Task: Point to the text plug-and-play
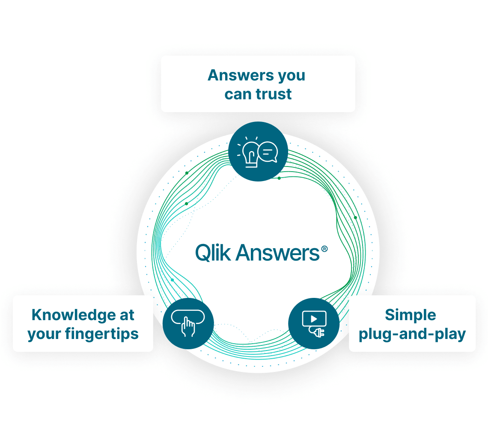pos(412,334)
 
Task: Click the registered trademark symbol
pos(324,248)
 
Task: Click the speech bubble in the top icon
pos(268,152)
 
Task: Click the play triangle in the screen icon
pos(314,318)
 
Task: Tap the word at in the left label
pos(127,315)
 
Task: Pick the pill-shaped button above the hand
pos(188,316)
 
